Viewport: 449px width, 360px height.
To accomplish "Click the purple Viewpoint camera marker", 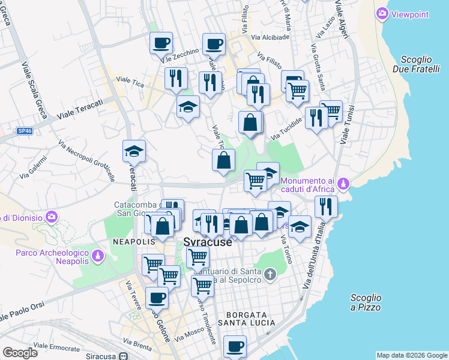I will click(382, 13).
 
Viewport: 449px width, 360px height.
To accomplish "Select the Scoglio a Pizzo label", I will click(366, 302).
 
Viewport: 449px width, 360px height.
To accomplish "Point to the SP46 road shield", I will click(25, 130).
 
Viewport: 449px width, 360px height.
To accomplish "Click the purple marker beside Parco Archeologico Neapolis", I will click(95, 257).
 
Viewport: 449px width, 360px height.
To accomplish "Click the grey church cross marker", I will click(270, 275).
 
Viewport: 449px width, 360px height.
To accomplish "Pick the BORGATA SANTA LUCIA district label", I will click(250, 319).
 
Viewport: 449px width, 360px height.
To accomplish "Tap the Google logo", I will click(20, 353).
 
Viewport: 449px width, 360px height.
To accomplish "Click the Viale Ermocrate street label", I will click(57, 347).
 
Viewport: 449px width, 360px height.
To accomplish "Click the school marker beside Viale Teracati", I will click(134, 152).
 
